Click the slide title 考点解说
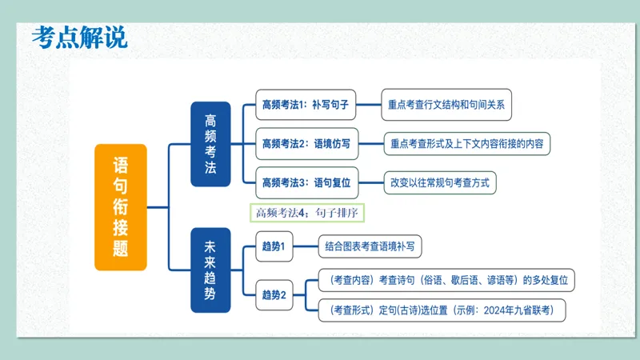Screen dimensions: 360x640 [80, 37]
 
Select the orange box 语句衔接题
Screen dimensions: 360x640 [121, 207]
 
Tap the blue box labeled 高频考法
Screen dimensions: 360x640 [210, 144]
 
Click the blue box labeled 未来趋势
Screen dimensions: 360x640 [210, 270]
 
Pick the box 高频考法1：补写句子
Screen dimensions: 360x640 [307, 104]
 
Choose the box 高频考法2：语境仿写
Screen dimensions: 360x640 [307, 144]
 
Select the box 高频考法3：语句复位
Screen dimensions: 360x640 [307, 182]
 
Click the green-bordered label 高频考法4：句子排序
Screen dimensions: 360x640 [308, 213]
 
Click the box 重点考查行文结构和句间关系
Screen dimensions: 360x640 [445, 104]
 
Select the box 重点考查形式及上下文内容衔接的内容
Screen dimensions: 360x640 [467, 144]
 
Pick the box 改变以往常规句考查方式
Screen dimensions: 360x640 [440, 182]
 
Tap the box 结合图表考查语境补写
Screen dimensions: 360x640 [370, 246]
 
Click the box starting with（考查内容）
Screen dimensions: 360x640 [446, 280]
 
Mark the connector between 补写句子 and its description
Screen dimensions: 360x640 [370, 104]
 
